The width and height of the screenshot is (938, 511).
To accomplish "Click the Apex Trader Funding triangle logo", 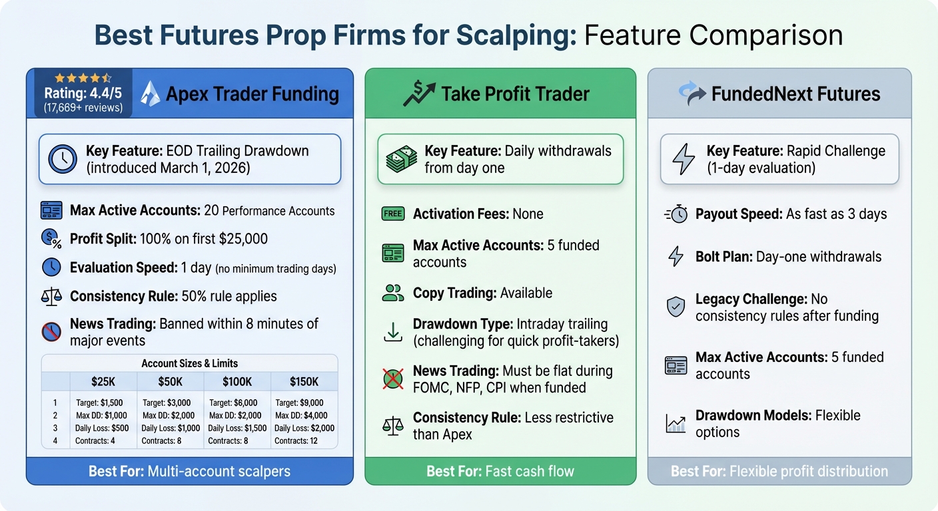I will [x=151, y=94].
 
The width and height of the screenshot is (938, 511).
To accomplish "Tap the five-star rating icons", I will [x=83, y=79].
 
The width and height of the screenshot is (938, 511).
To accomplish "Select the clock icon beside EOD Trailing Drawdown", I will [x=62, y=159].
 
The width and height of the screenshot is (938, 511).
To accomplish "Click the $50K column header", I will [x=171, y=382].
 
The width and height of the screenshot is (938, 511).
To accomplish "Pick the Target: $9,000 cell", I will [x=299, y=403].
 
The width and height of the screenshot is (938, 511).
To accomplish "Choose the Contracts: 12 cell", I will [x=296, y=440].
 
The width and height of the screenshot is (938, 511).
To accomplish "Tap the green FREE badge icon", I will [x=392, y=214].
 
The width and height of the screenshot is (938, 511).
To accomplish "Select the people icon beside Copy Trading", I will [x=392, y=293].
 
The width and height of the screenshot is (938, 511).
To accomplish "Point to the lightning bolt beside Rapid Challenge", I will [x=684, y=159].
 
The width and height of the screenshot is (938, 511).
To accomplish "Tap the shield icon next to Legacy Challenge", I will [x=676, y=307].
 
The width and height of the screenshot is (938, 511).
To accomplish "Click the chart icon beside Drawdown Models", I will [x=676, y=423].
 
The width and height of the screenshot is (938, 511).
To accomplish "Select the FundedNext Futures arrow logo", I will [x=692, y=94].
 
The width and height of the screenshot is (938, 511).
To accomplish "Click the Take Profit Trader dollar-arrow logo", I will [x=418, y=94].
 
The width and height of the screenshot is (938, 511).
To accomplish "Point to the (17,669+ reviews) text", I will [x=83, y=107].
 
